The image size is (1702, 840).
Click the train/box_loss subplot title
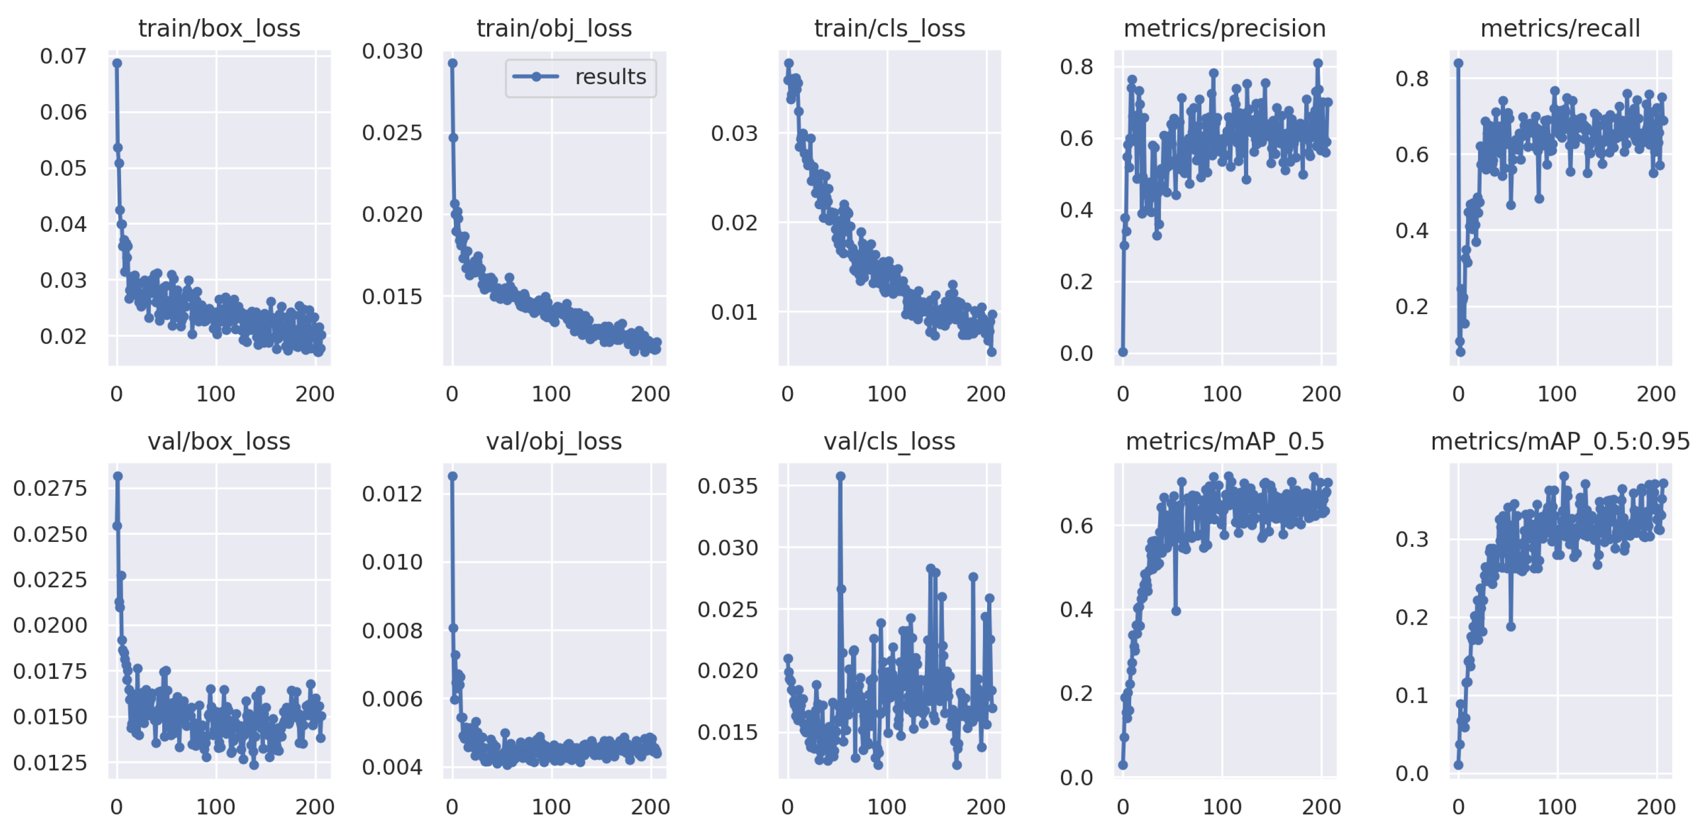pos(219,29)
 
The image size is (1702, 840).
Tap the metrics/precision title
pos(1224,29)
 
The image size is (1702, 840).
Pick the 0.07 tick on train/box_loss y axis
pos(63,56)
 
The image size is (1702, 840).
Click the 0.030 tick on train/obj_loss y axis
pos(392,51)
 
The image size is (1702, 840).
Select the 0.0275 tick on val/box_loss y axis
pos(50,488)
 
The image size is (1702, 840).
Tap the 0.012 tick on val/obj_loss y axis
pos(392,494)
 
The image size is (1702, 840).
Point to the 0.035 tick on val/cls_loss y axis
pos(727,486)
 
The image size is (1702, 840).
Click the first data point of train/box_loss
pos(117,63)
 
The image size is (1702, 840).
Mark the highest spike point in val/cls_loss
pos(841,476)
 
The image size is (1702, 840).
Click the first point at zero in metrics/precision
pos(1122,352)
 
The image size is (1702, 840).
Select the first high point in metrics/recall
pos(1458,63)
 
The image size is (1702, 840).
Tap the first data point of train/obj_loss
pos(453,63)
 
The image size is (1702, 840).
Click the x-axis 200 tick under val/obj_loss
pos(650,806)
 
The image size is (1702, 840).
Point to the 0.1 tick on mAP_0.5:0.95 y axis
pos(1412,695)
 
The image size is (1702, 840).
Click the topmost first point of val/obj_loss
pos(453,476)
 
